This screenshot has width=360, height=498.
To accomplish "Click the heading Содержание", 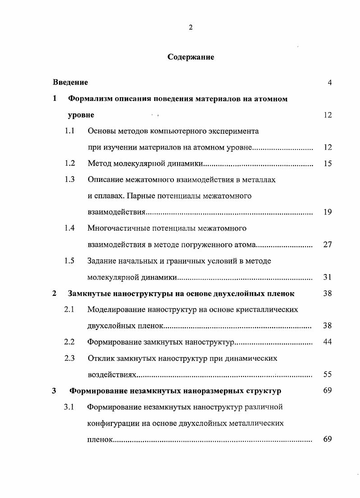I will click(191, 57).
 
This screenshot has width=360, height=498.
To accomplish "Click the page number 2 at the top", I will click(191, 27).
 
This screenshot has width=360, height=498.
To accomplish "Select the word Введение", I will click(70, 82).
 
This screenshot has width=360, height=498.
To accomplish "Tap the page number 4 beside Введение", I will click(329, 82).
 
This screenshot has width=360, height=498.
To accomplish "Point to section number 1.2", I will click(69, 163).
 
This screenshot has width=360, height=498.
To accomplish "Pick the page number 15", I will click(328, 163).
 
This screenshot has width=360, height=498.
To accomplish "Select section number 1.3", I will click(69, 180).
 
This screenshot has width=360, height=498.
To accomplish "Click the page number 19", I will click(328, 212).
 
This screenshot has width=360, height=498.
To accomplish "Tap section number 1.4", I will click(69, 228).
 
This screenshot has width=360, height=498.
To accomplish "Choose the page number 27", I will click(328, 244).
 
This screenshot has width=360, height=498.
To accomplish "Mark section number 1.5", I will click(69, 261).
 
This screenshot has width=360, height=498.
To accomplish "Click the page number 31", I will click(328, 277).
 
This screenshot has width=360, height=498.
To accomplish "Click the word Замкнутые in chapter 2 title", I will click(89, 294).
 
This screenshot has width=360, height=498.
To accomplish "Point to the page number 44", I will click(328, 342).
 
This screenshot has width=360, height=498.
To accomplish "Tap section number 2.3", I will click(69, 358).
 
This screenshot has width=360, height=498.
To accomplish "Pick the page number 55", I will click(328, 374).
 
